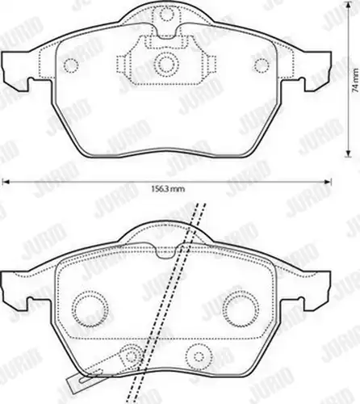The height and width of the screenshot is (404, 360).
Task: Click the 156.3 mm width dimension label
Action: tap(168, 189)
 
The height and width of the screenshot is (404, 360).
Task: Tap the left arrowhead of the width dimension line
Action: tap(6, 182)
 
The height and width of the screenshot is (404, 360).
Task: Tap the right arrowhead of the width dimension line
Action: tap(328, 182)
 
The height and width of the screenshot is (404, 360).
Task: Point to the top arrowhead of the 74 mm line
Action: tap(349, 5)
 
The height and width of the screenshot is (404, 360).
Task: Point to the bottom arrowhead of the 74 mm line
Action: tap(349, 153)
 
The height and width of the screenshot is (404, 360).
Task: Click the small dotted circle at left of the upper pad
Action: tap(71, 65)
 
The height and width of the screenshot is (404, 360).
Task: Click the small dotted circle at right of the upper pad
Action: tap(262, 65)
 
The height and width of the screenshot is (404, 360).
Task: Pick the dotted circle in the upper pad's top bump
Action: tap(167, 13)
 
